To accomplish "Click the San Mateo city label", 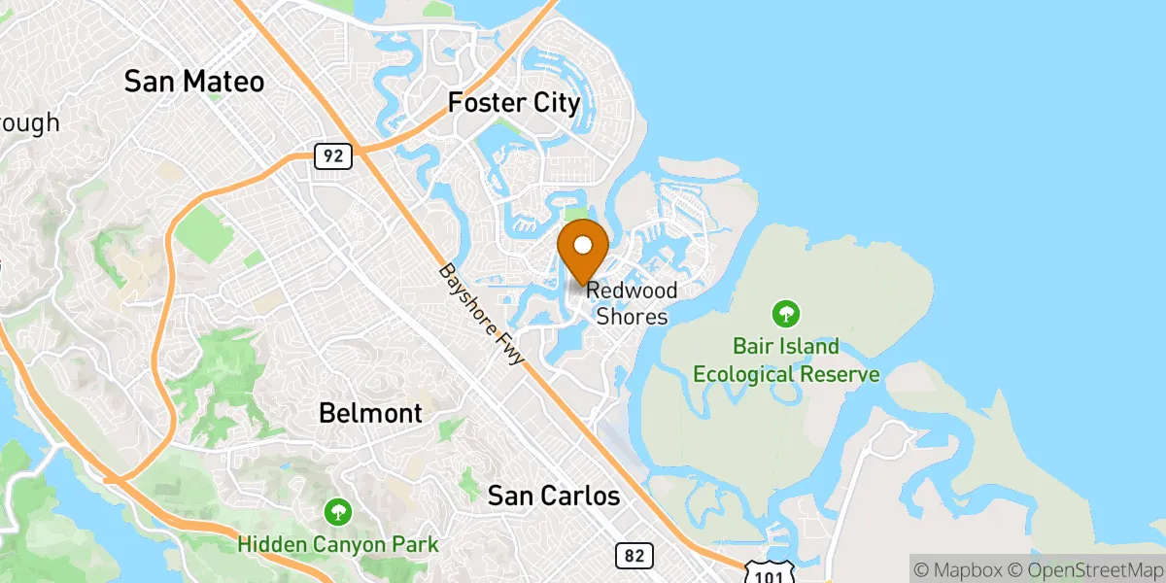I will click(x=194, y=82).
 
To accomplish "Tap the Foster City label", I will click(x=514, y=102).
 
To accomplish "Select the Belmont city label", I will click(x=370, y=413).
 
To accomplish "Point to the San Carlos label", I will click(x=553, y=497).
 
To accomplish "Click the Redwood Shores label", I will click(x=632, y=303).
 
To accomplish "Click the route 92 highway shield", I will click(x=332, y=155).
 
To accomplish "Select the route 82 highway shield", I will click(x=634, y=556).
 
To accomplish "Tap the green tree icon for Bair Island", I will click(x=786, y=314).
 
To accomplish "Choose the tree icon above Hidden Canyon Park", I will click(x=338, y=511).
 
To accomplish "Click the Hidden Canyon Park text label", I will click(x=338, y=545).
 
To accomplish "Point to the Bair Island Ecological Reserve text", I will click(x=786, y=360).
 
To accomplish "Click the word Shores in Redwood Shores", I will click(x=632, y=317).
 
